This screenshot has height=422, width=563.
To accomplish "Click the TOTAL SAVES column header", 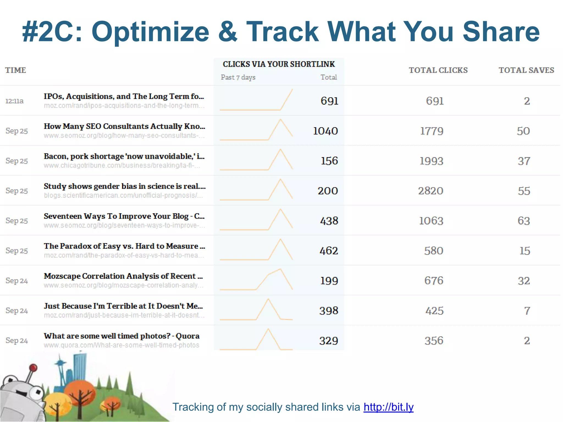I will pyautogui.click(x=526, y=70).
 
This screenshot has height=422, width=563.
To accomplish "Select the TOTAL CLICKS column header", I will pyautogui.click(x=438, y=70).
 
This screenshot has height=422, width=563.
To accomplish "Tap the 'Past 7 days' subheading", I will pyautogui.click(x=238, y=77).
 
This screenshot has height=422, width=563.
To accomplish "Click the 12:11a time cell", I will pyautogui.click(x=15, y=101).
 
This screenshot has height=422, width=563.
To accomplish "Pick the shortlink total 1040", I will pyautogui.click(x=325, y=131).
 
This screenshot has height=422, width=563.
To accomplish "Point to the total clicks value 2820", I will pyautogui.click(x=430, y=191).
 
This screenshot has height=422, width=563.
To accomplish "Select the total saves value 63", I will pyautogui.click(x=524, y=221).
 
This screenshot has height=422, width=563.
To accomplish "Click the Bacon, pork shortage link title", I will pyautogui.click(x=124, y=156).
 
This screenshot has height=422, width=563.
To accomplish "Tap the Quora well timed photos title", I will pyautogui.click(x=122, y=336).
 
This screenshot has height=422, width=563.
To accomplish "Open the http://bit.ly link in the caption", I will pyautogui.click(x=388, y=407).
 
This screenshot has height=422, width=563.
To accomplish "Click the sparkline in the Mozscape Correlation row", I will pyautogui.click(x=256, y=280).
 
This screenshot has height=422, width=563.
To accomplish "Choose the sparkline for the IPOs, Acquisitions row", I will pyautogui.click(x=256, y=100).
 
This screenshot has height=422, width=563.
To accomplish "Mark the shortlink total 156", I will pyautogui.click(x=329, y=161).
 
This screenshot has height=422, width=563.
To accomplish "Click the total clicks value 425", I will pyautogui.click(x=434, y=311).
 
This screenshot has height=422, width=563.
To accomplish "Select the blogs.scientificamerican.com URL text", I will pyautogui.click(x=123, y=196).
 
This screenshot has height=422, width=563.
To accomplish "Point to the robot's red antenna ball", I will pyautogui.click(x=33, y=368).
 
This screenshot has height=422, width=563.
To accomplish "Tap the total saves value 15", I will pyautogui.click(x=525, y=251).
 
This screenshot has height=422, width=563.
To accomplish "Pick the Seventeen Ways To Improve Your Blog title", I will pyautogui.click(x=124, y=216).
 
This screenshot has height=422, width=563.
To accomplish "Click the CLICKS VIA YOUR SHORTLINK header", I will pyautogui.click(x=279, y=64).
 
